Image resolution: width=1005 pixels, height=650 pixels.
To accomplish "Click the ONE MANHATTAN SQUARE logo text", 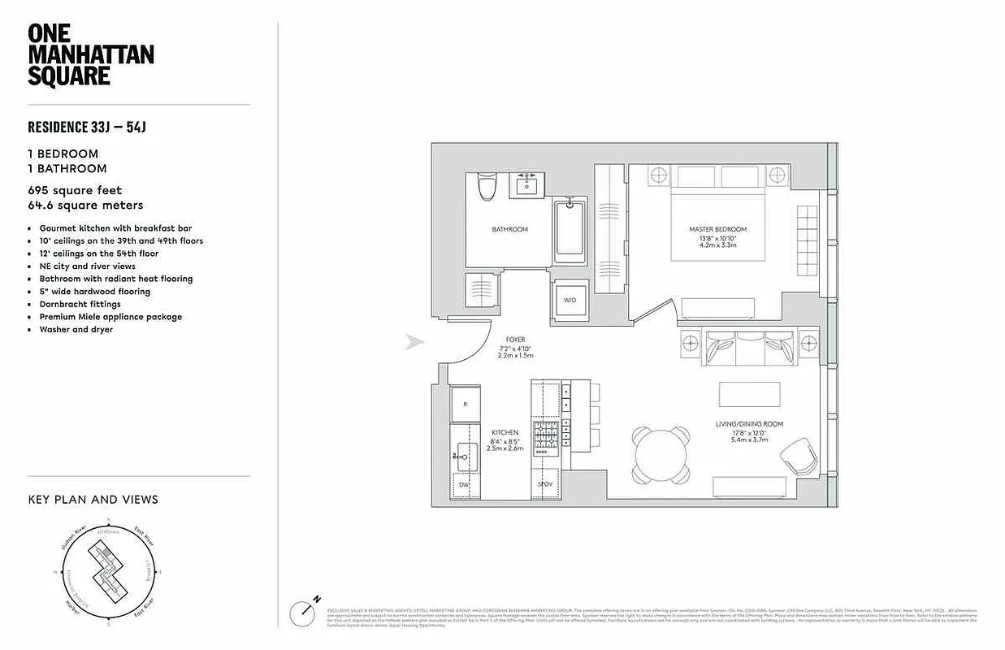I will pos(90,54).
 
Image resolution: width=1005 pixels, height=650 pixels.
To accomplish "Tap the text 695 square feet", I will pos(75,190).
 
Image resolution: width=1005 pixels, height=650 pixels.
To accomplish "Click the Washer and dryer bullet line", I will pos(76,329).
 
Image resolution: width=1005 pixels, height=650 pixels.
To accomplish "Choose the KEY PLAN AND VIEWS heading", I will pos(93,500).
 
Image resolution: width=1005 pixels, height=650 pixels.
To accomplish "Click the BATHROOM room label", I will pos(509,229).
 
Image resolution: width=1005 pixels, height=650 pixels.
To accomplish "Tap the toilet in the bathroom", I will pos(487,187).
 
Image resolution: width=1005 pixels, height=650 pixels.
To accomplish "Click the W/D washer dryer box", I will pos(570,300).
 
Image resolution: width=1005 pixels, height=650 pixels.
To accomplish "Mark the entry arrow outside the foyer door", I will pos(415,342).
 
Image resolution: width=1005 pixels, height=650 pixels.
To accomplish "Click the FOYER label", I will pos(515,340).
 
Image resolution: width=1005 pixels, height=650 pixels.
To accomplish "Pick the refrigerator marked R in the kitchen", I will pos(466,405).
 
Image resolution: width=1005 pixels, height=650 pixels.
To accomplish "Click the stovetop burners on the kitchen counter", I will pos(545,436).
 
